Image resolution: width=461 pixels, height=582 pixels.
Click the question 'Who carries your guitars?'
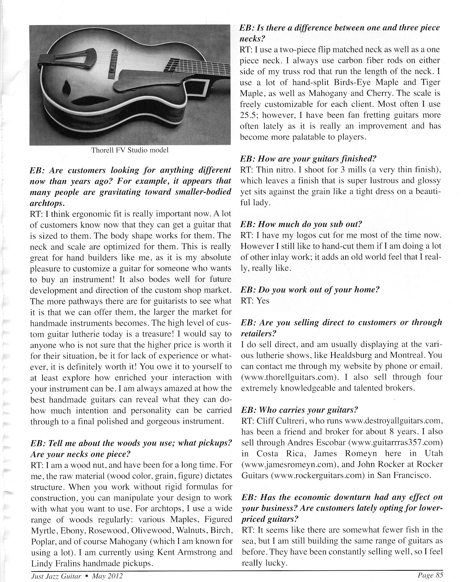click(300, 410)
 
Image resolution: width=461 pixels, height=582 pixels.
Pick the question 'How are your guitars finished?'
click(308, 159)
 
